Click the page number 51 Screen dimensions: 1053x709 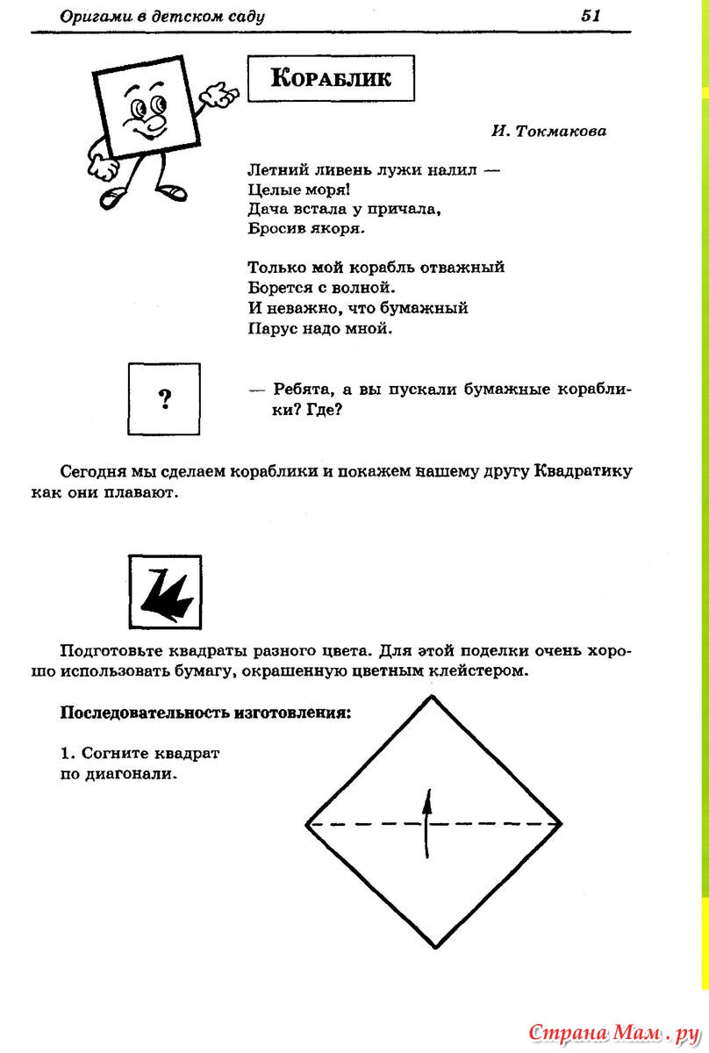[589, 15]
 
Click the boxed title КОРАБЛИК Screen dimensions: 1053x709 [331, 79]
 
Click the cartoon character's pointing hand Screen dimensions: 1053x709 [223, 94]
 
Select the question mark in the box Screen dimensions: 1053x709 [164, 400]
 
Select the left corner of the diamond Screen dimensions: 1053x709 [306, 824]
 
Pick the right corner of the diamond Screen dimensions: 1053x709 [562, 823]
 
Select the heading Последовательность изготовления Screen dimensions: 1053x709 [204, 713]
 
